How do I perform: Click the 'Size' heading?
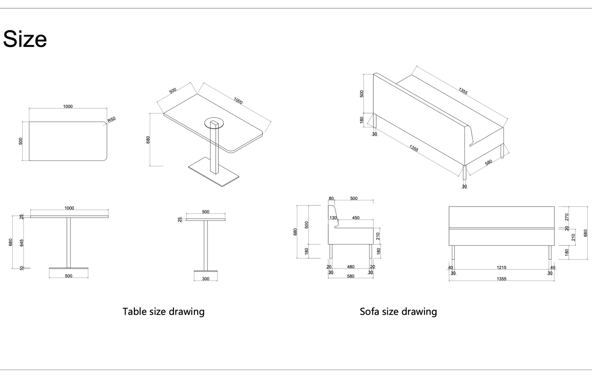25,39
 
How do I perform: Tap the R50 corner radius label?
112,120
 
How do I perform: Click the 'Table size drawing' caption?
163,312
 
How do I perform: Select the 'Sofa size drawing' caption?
398,312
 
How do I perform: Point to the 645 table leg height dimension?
22,243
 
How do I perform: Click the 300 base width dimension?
206,279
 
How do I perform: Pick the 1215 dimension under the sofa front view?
501,267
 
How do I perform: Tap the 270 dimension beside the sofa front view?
566,217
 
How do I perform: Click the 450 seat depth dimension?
356,218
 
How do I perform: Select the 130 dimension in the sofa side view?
333,218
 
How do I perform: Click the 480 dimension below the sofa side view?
350,267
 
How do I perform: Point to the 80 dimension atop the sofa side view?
331,198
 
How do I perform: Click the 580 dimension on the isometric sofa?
488,163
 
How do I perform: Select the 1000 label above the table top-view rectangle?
68,106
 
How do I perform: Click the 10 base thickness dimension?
22,268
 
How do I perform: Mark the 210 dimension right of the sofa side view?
378,236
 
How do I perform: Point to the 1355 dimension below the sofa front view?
501,279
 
